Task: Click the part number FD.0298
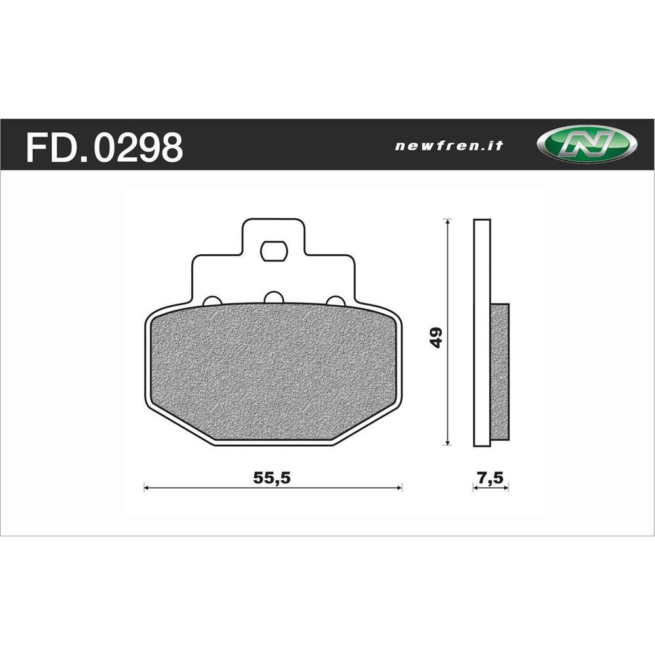pyautogui.click(x=104, y=147)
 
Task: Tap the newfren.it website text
pyautogui.click(x=449, y=146)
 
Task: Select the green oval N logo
pyautogui.click(x=586, y=144)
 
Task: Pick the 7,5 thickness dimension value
pyautogui.click(x=491, y=478)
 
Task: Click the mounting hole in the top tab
pyautogui.click(x=272, y=250)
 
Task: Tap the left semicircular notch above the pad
pyautogui.click(x=212, y=301)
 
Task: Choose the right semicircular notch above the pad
pyautogui.click(x=335, y=301)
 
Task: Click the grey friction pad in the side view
pyautogui.click(x=500, y=371)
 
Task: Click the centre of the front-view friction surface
pyautogui.click(x=272, y=372)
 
